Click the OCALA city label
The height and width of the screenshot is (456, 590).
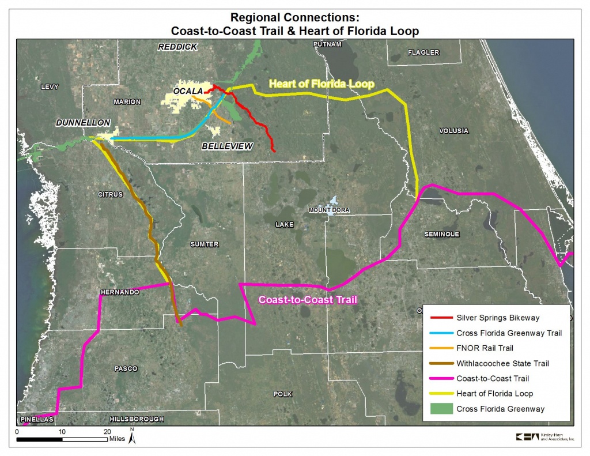click(x=188, y=91)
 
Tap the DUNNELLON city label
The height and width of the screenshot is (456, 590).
click(x=83, y=122)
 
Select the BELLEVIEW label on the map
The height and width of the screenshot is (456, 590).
click(x=227, y=146)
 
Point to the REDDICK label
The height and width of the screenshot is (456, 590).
click(x=177, y=47)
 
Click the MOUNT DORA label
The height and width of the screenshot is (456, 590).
click(x=329, y=210)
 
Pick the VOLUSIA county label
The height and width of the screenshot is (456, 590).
click(x=454, y=131)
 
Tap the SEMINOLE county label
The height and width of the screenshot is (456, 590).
click(x=442, y=234)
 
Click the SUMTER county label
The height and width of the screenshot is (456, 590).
click(x=205, y=244)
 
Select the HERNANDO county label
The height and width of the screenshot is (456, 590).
click(x=120, y=292)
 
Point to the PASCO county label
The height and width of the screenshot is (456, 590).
click(x=126, y=368)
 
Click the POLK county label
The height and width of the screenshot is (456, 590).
click(x=282, y=394)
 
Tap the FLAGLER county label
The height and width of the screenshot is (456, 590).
click(x=423, y=52)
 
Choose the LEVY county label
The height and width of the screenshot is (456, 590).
click(x=50, y=86)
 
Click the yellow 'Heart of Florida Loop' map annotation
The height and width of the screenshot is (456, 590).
click(x=322, y=84)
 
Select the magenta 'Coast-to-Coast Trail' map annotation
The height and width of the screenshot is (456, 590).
click(x=308, y=300)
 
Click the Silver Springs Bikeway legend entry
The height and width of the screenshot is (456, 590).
click(x=485, y=318)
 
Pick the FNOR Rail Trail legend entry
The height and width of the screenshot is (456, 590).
click(x=471, y=348)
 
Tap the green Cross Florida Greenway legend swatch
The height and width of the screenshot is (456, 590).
click(x=441, y=409)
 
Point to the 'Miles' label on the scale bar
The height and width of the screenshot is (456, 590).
click(x=117, y=439)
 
